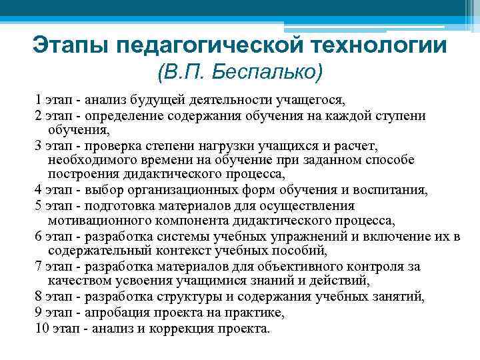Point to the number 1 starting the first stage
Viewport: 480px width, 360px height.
37,101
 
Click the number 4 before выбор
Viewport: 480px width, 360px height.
37,189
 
